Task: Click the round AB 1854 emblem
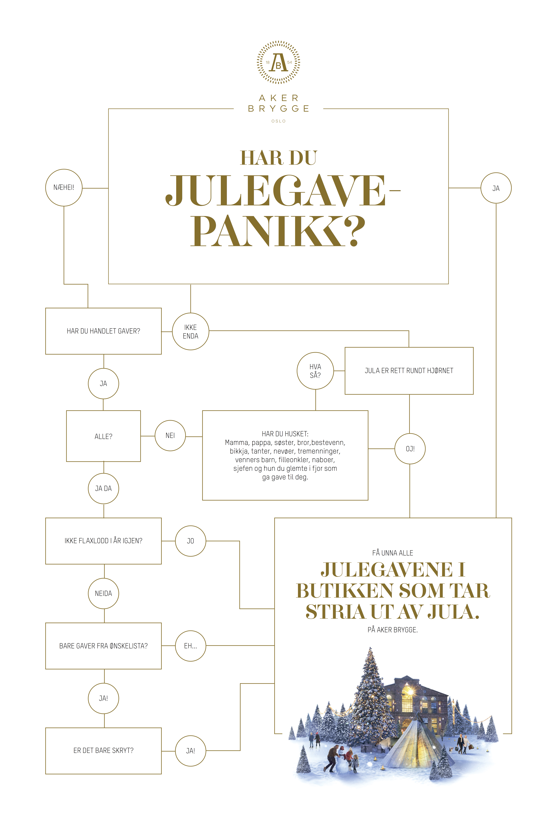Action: (279, 62)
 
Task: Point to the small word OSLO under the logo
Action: (279, 121)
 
